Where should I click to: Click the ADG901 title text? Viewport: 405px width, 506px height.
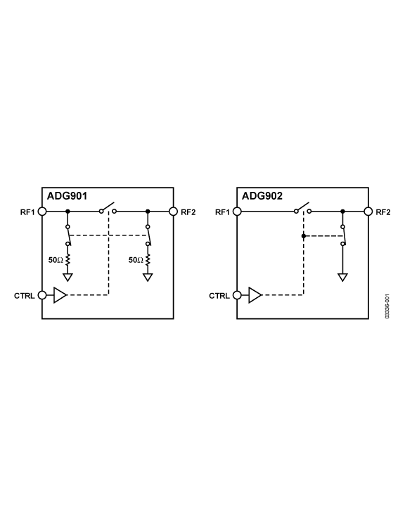(67, 196)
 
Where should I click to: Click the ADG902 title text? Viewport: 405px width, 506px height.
(262, 196)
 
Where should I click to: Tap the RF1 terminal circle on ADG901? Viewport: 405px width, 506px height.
(42, 212)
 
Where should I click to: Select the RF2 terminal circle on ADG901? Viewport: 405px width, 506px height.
(174, 212)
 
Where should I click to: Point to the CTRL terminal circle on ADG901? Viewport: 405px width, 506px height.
(42, 295)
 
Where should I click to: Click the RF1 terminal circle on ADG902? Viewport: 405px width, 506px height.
(237, 212)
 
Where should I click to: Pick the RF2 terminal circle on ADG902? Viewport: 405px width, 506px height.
(368, 212)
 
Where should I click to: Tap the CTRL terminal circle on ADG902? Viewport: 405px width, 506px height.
(237, 295)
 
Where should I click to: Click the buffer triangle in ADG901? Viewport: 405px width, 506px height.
(60, 295)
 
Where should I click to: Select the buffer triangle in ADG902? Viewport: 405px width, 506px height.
(255, 295)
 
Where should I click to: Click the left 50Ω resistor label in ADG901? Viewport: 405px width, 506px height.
(56, 260)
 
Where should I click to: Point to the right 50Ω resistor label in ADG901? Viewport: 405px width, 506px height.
(136, 260)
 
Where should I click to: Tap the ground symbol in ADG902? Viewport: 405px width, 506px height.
(342, 277)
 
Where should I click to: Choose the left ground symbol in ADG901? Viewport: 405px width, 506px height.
(67, 277)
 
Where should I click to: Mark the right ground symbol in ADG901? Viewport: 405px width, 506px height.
(148, 277)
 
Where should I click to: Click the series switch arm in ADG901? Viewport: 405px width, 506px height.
(108, 207)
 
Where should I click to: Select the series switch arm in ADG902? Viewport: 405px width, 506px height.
(302, 207)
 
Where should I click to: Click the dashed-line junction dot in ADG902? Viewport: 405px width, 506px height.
(304, 236)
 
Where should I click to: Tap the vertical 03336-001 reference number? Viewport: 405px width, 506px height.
(387, 306)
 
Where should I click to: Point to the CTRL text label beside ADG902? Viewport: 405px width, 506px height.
(219, 296)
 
